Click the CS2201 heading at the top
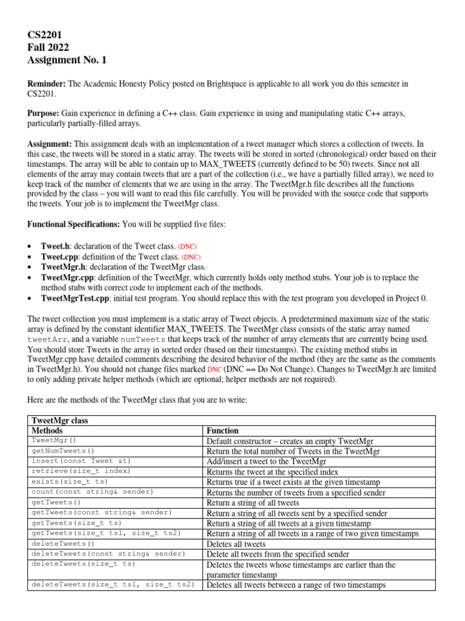[45, 35]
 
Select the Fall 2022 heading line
[48, 47]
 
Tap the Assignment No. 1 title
[67, 59]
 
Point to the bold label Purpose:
[44, 113]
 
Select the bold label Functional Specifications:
[74, 224]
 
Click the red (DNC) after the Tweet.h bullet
[187, 247]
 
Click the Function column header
[223, 430]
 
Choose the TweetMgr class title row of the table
[60, 420]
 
